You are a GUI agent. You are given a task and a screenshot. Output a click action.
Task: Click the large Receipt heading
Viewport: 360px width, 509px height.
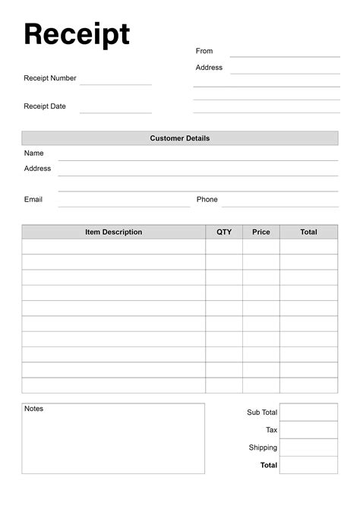tap(77, 34)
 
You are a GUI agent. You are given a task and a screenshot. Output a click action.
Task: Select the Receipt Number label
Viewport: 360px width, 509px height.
tap(50, 78)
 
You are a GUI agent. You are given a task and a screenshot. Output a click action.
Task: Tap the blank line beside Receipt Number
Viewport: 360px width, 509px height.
tap(115, 82)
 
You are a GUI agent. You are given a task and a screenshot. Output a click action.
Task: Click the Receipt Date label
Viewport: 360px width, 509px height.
tap(45, 106)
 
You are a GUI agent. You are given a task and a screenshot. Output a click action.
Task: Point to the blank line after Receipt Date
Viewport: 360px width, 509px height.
tap(115, 111)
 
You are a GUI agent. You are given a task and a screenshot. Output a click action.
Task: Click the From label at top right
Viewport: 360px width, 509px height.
tap(204, 51)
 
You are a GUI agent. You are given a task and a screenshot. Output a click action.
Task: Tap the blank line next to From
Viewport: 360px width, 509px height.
tap(285, 55)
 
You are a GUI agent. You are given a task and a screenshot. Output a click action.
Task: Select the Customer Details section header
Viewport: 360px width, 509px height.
tap(180, 138)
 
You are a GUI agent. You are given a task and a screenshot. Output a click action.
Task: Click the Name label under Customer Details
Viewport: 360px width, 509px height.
tap(34, 153)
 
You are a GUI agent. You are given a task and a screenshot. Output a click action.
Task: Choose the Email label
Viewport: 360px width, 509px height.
tap(33, 199)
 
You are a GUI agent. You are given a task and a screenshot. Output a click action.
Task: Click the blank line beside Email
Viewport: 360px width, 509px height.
tap(124, 204)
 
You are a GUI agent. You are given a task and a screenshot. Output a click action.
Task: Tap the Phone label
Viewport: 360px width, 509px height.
tap(207, 199)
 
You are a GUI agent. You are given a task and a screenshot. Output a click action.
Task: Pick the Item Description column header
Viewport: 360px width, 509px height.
tap(113, 232)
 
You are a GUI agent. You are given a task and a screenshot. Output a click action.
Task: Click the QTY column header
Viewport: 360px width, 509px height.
tap(224, 232)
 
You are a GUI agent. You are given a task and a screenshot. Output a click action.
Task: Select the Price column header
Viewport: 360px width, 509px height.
tap(261, 232)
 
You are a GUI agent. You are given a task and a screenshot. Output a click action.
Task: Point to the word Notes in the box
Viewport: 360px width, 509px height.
tap(34, 409)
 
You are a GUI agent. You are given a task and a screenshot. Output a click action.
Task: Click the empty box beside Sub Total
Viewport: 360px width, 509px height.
tap(308, 412)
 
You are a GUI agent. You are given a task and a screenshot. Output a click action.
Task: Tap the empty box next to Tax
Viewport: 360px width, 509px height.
tap(308, 429)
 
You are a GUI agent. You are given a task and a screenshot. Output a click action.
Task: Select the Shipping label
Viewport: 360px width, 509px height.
tap(263, 447)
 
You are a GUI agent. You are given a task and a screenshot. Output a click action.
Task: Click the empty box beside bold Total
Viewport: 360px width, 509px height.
tap(308, 465)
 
